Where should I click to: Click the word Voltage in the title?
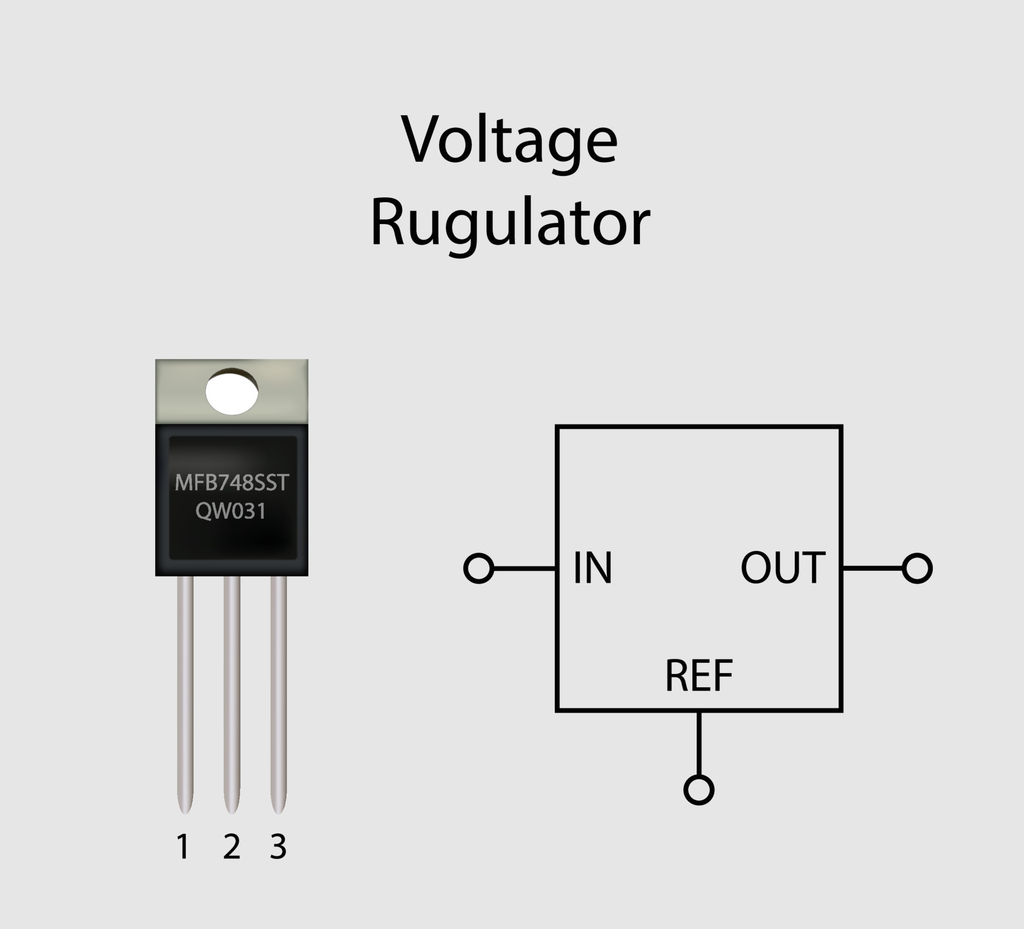[x=509, y=140]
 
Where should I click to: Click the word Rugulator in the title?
[x=509, y=223]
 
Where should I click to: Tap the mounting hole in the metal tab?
[x=232, y=393]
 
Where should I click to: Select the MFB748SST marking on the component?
[x=232, y=483]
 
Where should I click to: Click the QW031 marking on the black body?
[x=231, y=511]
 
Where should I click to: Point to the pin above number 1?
[x=185, y=693]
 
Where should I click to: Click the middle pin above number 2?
[x=232, y=693]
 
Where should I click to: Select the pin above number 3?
[x=278, y=693]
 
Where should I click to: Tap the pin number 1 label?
[x=183, y=846]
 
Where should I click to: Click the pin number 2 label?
[x=231, y=846]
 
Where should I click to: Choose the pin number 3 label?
[x=278, y=846]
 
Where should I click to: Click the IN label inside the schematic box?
[x=593, y=568]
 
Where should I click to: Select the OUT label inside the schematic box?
[x=783, y=568]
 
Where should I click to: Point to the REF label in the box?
[x=699, y=676]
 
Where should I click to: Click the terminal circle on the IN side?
[x=478, y=568]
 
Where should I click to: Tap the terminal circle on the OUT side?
[x=917, y=568]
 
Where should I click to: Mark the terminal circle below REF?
[x=699, y=790]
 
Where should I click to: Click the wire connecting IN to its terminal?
[x=525, y=568]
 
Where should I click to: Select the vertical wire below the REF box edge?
[x=699, y=744]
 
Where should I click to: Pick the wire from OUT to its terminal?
[x=873, y=568]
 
